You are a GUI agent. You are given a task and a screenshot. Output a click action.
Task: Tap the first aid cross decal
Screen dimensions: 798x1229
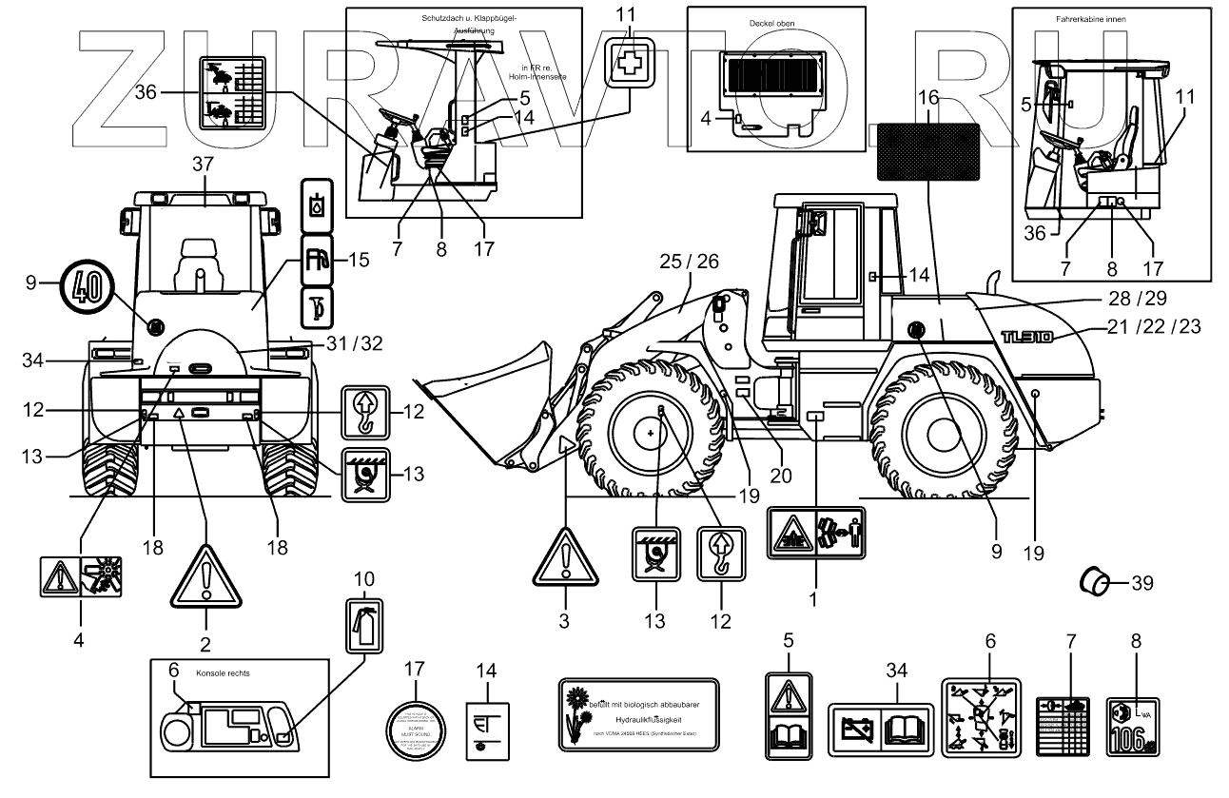click(x=629, y=63)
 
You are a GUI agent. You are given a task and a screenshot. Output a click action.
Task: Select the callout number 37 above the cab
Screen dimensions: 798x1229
click(x=203, y=165)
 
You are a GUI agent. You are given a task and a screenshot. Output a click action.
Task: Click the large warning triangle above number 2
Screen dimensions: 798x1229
click(x=205, y=578)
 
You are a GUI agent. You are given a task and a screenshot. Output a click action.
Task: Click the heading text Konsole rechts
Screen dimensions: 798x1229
click(x=222, y=671)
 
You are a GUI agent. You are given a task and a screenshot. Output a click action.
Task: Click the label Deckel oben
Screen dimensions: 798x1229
click(x=771, y=22)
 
